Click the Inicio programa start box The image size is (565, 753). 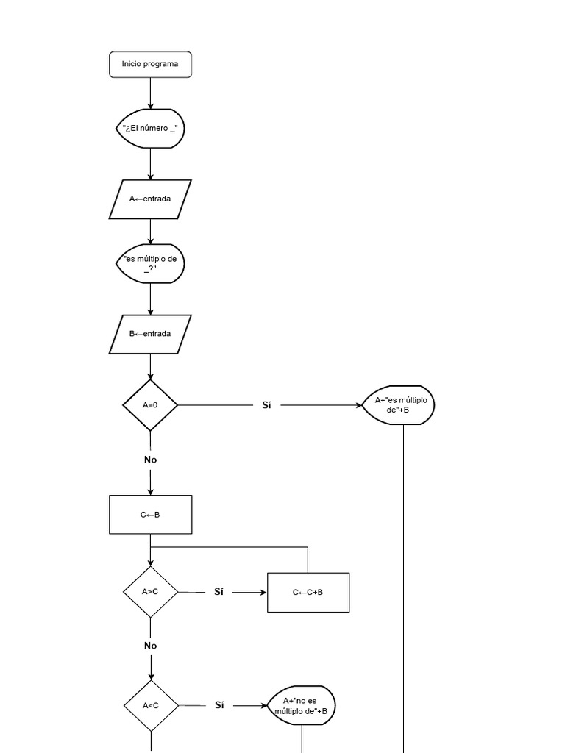tap(150, 64)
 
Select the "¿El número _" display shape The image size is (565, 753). tap(150, 129)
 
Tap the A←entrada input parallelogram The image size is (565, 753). tap(150, 199)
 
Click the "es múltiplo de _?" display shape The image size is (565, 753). tap(150, 264)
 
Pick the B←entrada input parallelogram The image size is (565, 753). tap(150, 334)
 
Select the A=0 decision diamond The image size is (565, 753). tap(150, 404)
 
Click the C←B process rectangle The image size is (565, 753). tap(150, 514)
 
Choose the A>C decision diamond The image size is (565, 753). tap(150, 591)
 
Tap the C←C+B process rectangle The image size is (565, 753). tap(308, 592)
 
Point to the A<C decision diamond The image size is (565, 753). tap(150, 705)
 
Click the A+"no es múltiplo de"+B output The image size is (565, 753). tap(302, 705)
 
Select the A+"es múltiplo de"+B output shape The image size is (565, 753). tap(398, 405)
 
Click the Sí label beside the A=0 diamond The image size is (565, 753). tap(266, 404)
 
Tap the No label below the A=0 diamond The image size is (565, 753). tap(150, 460)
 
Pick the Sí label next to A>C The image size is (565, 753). tap(218, 591)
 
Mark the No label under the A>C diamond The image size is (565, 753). tap(150, 646)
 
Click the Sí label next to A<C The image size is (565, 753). tap(219, 705)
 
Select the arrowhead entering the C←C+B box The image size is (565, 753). tap(263, 592)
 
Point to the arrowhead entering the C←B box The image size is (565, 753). tap(150, 491)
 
